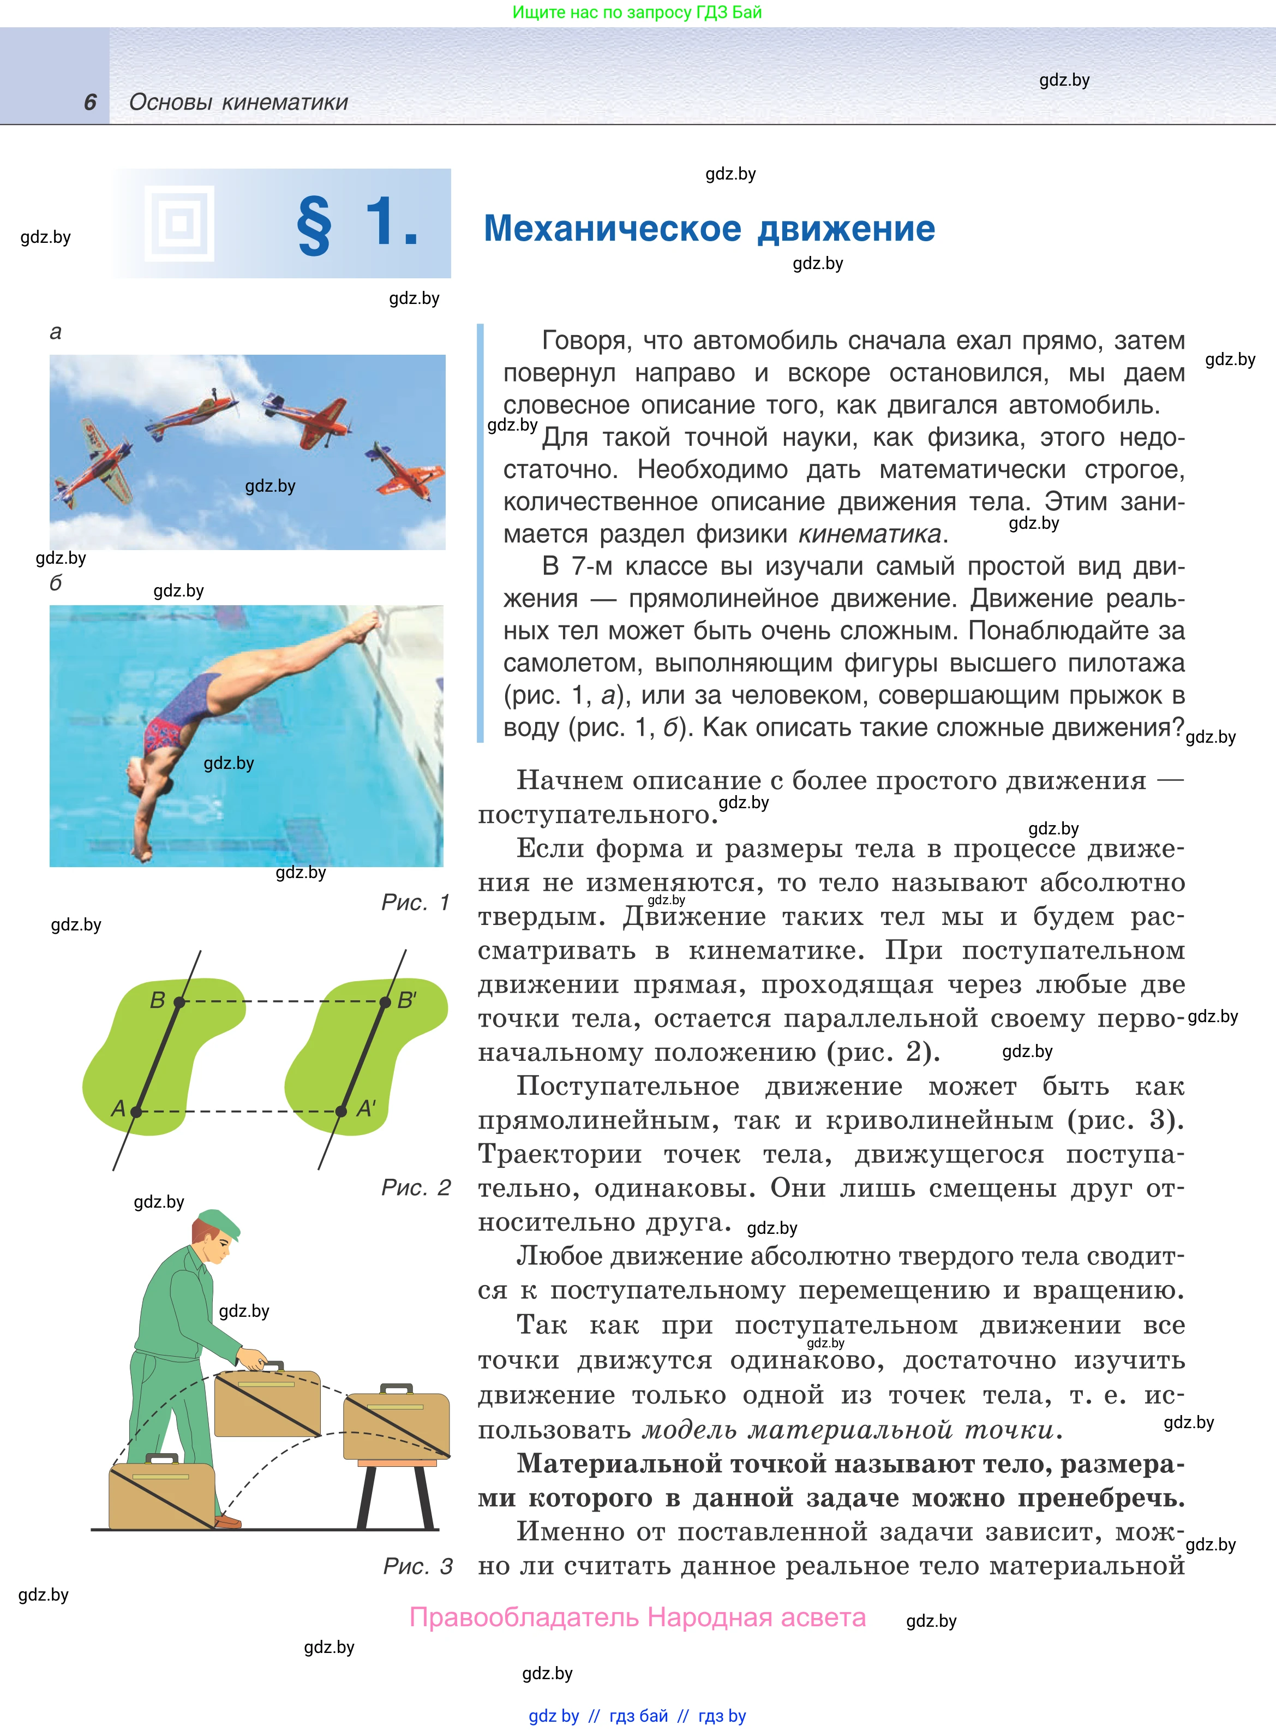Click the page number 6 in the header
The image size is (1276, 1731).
click(91, 102)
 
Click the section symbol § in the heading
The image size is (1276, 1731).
click(314, 225)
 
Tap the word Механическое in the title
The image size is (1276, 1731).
click(612, 229)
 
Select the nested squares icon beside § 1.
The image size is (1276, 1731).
click(179, 224)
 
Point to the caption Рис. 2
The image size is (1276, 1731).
click(416, 1187)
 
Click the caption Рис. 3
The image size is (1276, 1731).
click(417, 1566)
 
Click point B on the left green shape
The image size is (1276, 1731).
click(179, 1002)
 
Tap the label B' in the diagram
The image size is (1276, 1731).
click(407, 1000)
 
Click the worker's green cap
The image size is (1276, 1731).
click(219, 1223)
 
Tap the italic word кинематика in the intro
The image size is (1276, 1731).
click(869, 534)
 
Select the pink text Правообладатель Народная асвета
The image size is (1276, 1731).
click(637, 1617)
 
